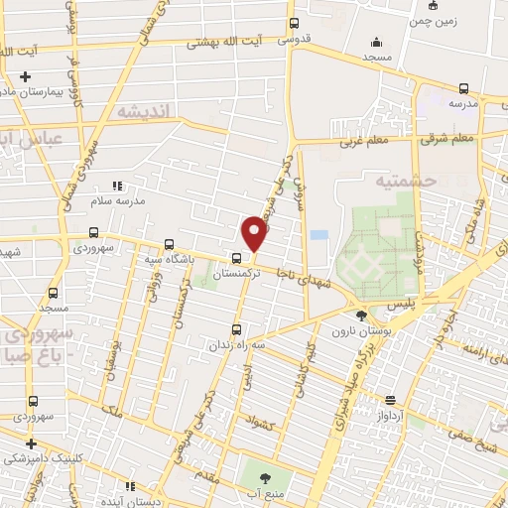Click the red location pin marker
pyautogui.click(x=255, y=234)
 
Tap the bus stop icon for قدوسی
pyautogui.click(x=293, y=24)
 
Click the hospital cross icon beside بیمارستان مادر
pyautogui.click(x=26, y=76)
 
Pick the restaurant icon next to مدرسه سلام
pyautogui.click(x=117, y=185)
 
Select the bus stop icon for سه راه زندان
pyautogui.click(x=235, y=326)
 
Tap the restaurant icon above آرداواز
pyautogui.click(x=390, y=400)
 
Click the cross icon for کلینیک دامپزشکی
pyautogui.click(x=31, y=444)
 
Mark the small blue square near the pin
pyautogui.click(x=317, y=235)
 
